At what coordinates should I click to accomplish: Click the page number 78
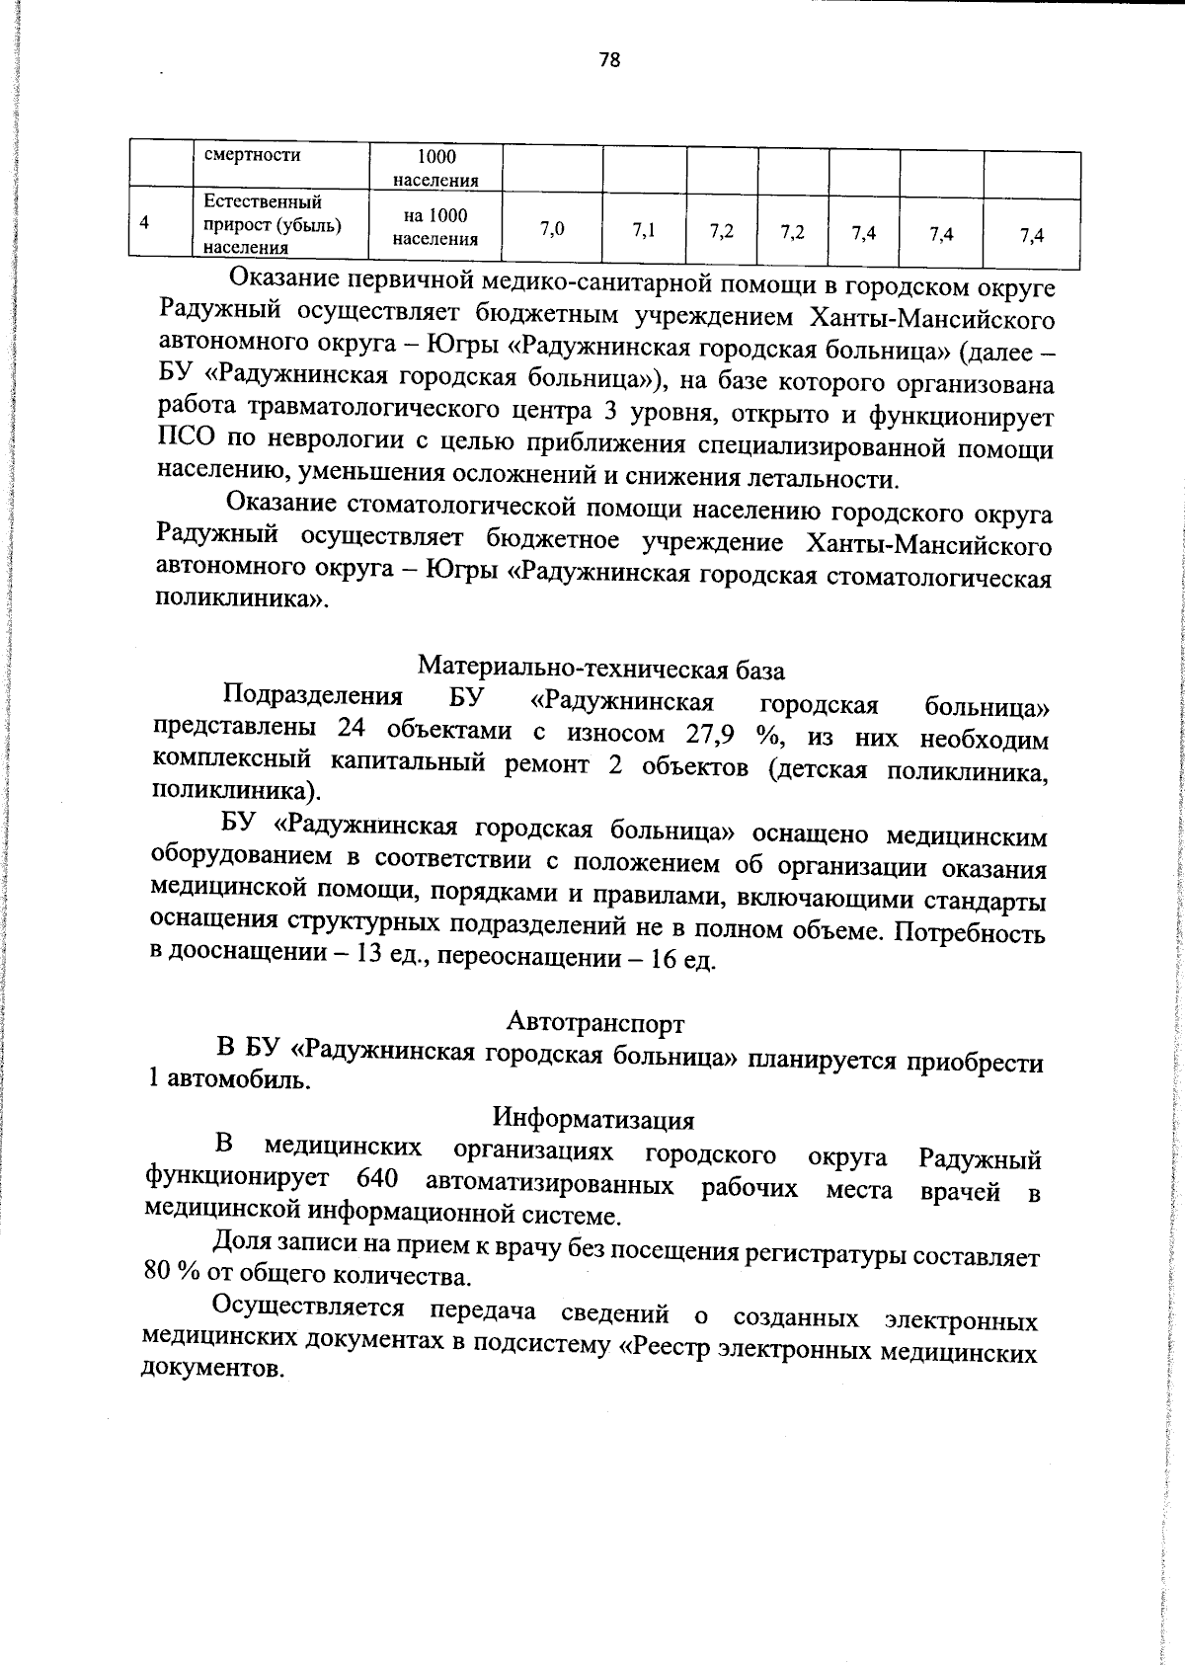click(x=609, y=60)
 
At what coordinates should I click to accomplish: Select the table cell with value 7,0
click(x=552, y=230)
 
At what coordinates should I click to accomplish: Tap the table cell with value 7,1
click(x=644, y=231)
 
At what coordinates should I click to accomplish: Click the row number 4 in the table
click(x=145, y=223)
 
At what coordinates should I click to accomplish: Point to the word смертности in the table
click(x=252, y=155)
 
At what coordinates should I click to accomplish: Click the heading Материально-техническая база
click(x=601, y=670)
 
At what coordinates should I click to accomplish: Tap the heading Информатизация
click(x=593, y=1119)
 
